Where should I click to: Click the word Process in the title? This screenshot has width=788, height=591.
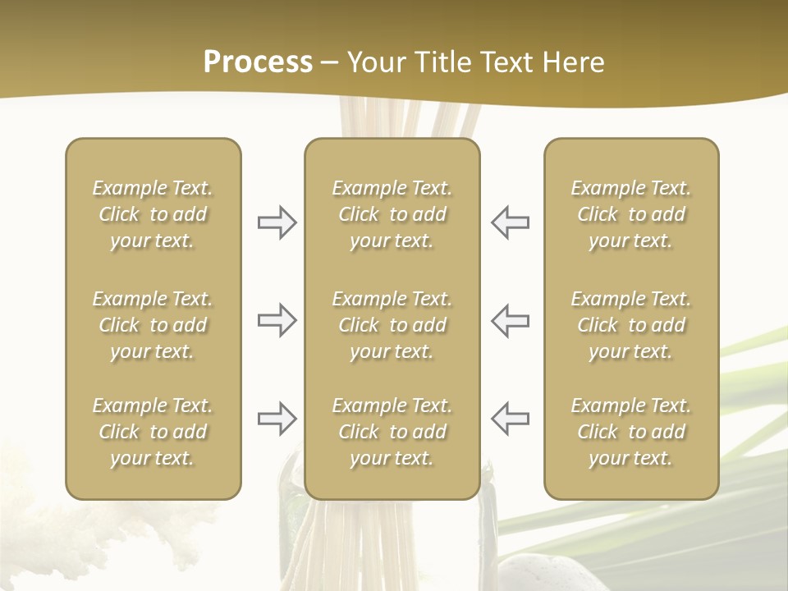(x=258, y=62)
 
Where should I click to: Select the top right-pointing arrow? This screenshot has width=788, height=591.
(x=277, y=222)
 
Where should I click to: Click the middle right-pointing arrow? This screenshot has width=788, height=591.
(x=277, y=320)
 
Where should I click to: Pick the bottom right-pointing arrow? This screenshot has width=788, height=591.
(x=277, y=419)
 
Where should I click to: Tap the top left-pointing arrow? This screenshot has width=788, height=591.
(x=510, y=222)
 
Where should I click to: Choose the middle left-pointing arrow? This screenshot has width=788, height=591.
(x=510, y=320)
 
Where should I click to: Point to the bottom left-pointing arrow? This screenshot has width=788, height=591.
(x=510, y=419)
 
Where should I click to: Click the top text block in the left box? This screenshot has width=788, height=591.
(x=153, y=214)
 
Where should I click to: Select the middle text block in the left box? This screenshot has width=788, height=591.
(x=153, y=325)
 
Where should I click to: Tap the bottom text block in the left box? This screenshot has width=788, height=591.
(x=153, y=432)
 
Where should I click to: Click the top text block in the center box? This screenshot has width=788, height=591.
(x=392, y=214)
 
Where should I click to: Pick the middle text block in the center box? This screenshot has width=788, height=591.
(x=392, y=325)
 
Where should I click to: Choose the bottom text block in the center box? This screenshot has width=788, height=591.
(x=392, y=432)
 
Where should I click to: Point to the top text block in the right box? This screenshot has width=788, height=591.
(x=630, y=214)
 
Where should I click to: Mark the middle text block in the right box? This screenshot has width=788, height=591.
(x=630, y=325)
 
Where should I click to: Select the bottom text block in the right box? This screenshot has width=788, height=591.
(x=630, y=432)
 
